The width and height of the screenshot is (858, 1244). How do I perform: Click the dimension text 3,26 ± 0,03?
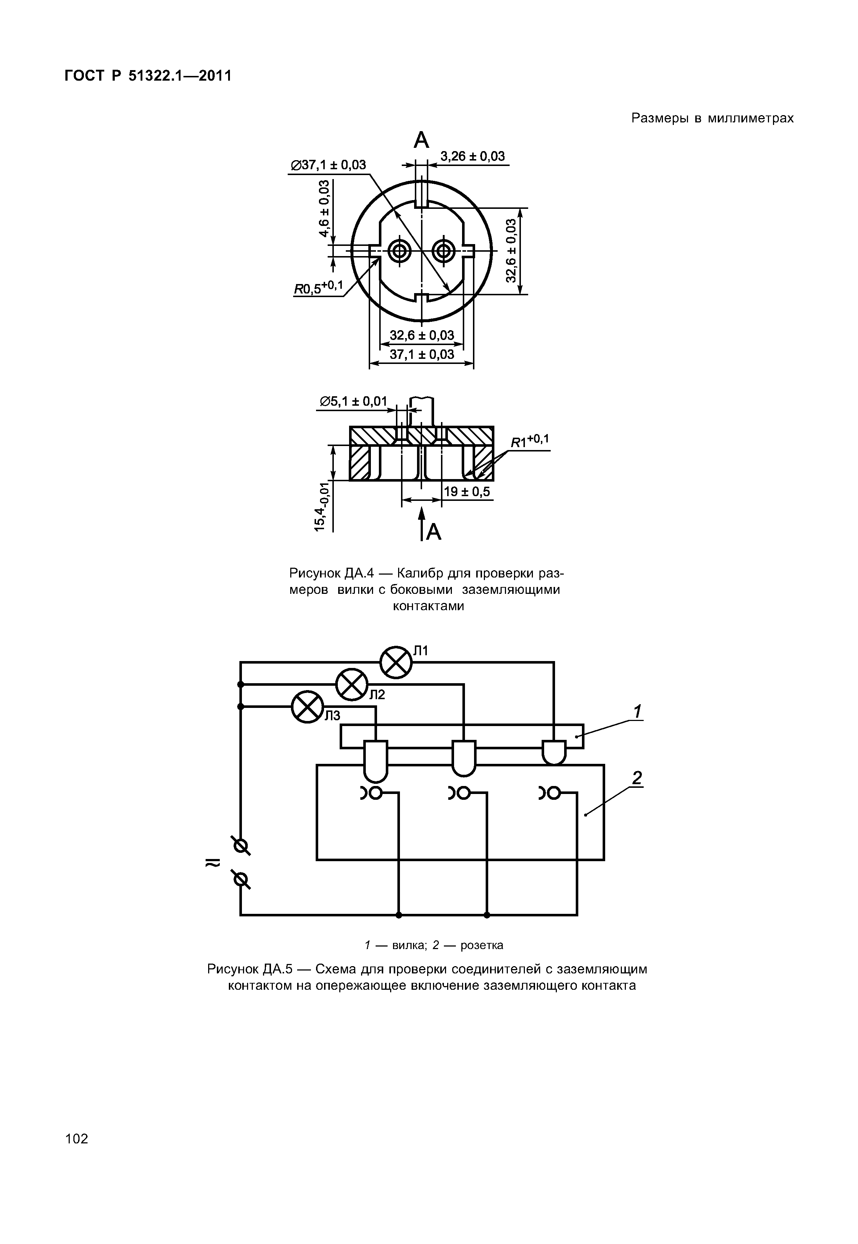pyautogui.click(x=473, y=157)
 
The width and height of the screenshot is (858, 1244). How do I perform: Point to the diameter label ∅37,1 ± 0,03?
pyautogui.click(x=328, y=165)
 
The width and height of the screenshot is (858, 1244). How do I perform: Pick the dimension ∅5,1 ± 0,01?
pyautogui.click(x=353, y=401)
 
